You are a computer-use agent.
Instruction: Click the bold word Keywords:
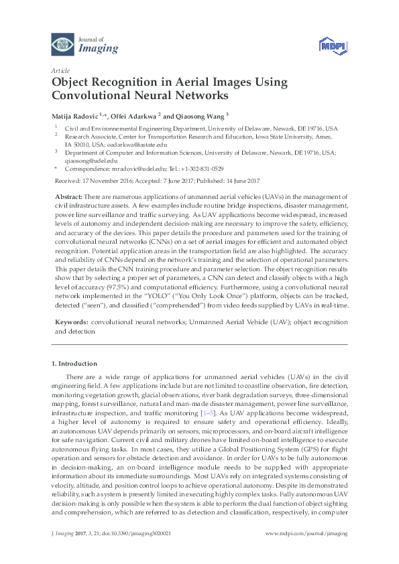point(70,322)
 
